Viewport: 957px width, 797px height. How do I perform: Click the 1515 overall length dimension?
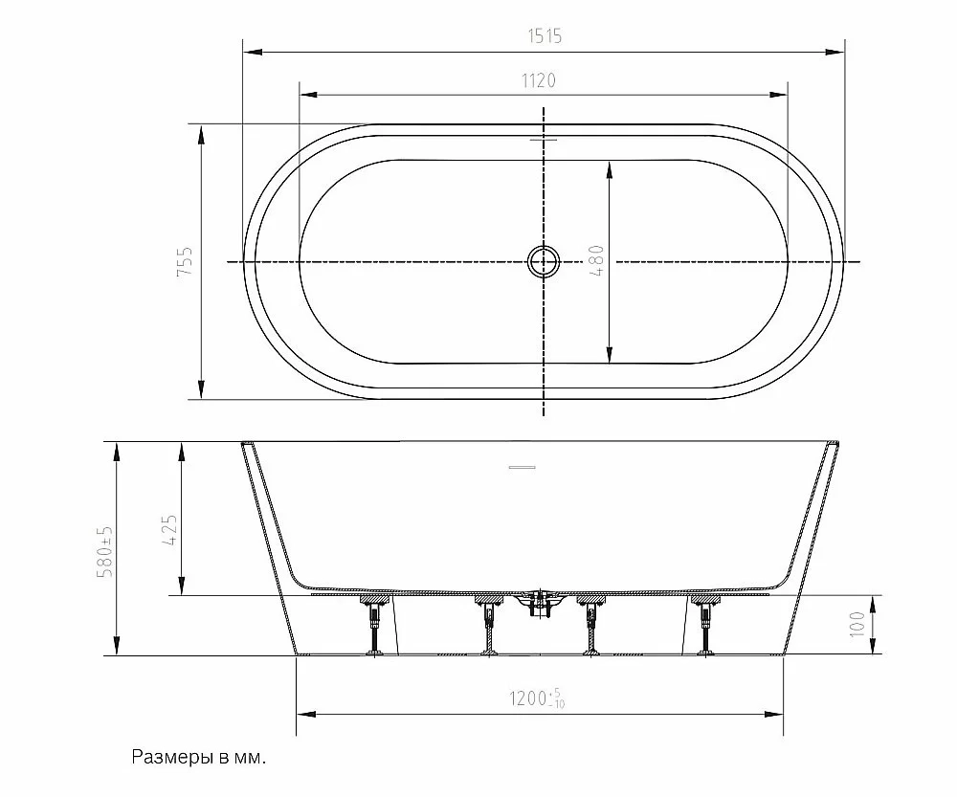545,36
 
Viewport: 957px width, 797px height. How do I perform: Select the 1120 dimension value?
538,80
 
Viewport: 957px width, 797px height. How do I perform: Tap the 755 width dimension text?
185,260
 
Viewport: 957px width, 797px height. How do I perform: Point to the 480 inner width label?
597,260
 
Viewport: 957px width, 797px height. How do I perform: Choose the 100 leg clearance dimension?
857,625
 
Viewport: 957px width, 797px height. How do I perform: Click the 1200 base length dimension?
537,698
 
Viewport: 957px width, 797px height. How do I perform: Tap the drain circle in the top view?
544,262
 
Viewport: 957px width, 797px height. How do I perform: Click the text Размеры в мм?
199,758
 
